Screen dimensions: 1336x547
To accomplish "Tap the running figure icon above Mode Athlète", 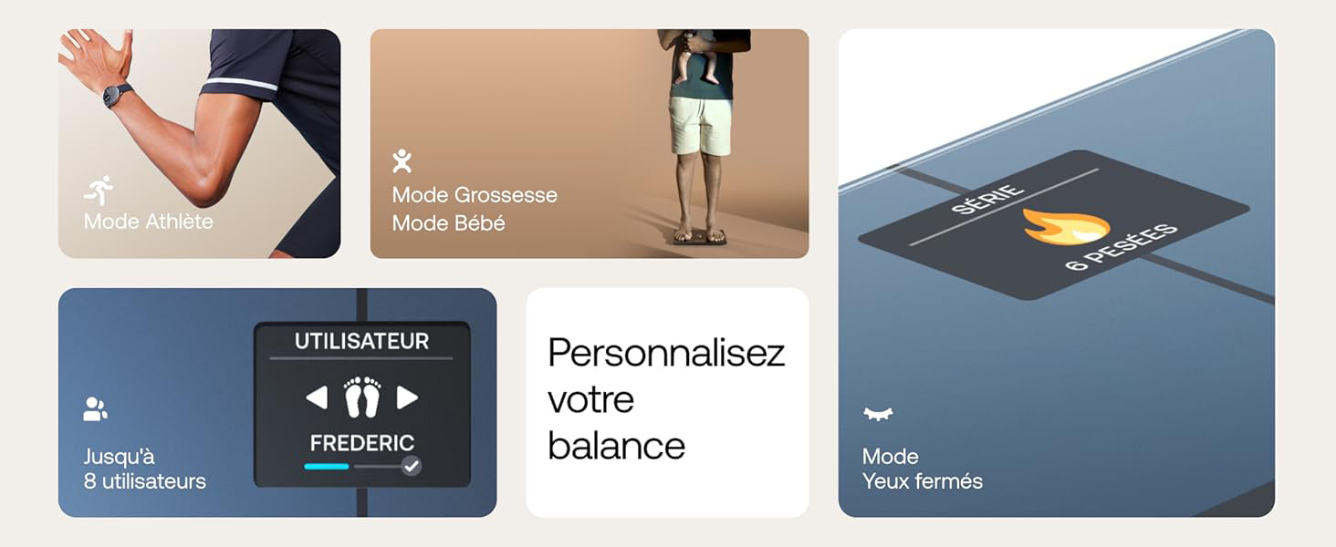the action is [99, 191].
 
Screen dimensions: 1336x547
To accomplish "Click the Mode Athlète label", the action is [148, 222].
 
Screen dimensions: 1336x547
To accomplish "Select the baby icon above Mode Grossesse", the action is [402, 160].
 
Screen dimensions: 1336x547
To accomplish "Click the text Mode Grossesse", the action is [475, 195].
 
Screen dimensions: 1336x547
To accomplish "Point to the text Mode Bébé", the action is [448, 223].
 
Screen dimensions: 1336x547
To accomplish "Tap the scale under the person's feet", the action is [701, 236].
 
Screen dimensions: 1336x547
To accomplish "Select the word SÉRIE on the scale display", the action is [987, 199].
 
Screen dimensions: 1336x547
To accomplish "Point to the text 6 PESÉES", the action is [1122, 247].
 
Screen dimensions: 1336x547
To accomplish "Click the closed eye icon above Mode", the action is [878, 414].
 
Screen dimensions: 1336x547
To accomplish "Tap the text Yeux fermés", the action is [922, 481].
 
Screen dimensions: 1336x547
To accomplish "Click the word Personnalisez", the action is [666, 353].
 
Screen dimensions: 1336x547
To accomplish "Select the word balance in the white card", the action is [617, 447].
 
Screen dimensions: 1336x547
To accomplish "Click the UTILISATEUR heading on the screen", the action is [361, 342].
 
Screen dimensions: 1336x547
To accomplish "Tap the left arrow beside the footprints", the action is [317, 397].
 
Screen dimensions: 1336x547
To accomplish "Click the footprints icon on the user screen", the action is [362, 397].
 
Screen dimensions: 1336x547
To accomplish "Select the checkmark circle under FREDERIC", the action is [411, 466].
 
